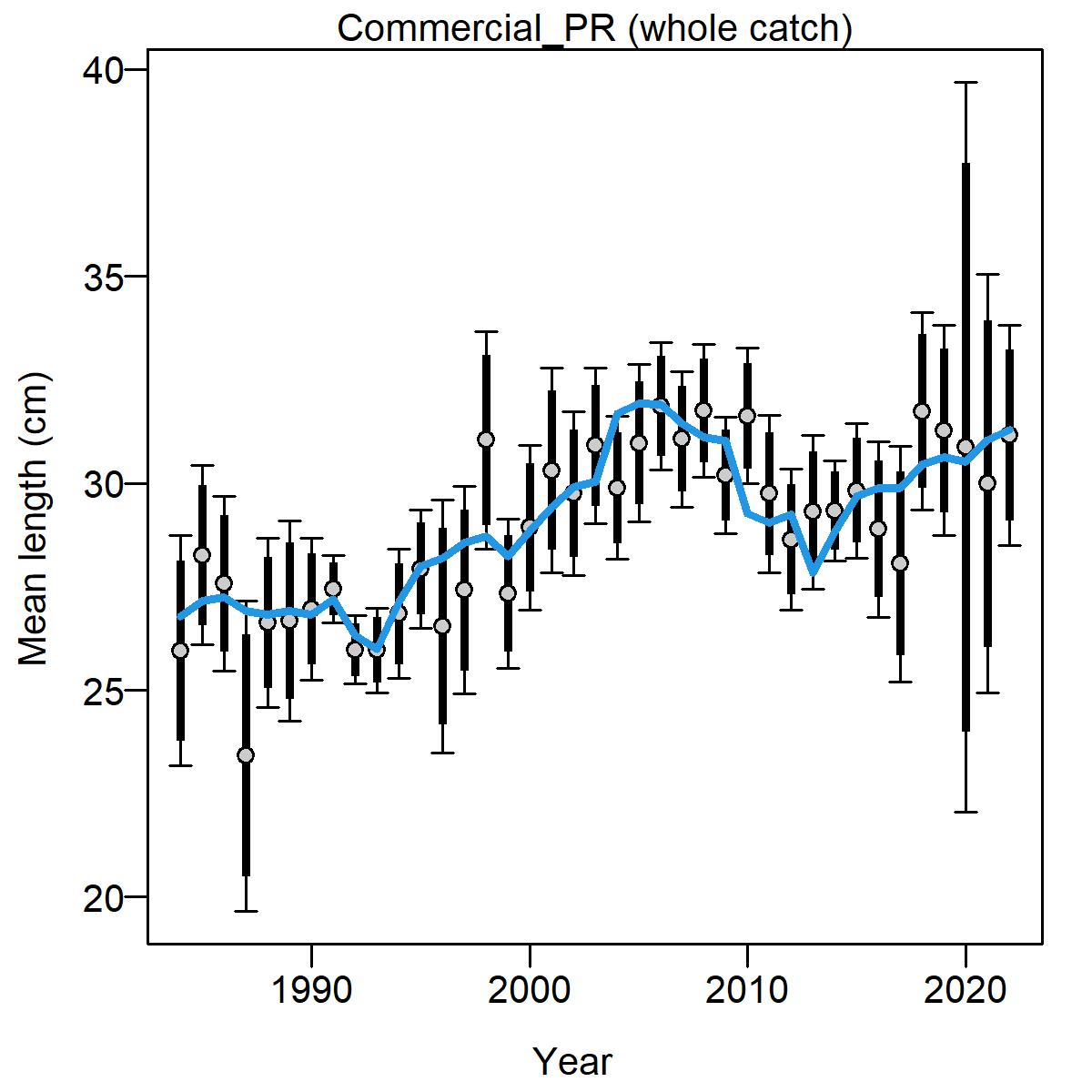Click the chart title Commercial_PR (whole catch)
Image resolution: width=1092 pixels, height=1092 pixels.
(x=594, y=28)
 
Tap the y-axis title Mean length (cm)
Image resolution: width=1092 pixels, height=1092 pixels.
(x=34, y=519)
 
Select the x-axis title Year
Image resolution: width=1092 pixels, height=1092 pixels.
(x=573, y=1061)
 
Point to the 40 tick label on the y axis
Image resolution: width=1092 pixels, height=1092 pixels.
(x=104, y=70)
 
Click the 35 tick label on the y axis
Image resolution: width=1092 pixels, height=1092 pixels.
(x=104, y=278)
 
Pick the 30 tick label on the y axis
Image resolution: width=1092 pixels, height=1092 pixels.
(x=104, y=484)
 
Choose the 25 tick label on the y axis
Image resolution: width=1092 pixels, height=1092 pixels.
(x=104, y=690)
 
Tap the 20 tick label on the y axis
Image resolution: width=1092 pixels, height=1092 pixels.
(x=104, y=897)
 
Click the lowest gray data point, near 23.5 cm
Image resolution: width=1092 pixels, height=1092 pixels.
(x=246, y=755)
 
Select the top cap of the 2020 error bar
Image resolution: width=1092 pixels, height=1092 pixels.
(x=966, y=83)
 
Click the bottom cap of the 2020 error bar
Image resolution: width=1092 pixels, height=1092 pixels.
(x=966, y=812)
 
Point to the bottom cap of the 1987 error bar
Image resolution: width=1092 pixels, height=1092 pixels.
(x=246, y=911)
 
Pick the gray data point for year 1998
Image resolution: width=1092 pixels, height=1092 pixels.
(x=486, y=440)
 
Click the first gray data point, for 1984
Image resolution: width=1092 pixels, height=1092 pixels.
(x=181, y=651)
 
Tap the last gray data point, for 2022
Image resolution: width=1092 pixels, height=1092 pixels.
(x=1009, y=435)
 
